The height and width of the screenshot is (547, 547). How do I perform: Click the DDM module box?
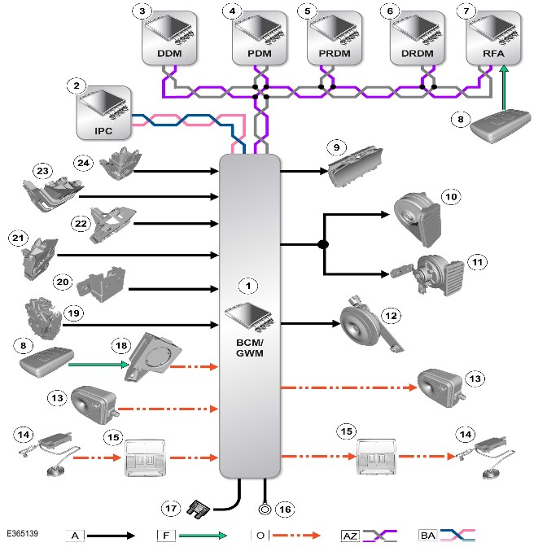169,37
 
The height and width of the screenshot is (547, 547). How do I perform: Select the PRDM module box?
335,37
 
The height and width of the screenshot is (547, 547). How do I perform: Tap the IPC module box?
104,112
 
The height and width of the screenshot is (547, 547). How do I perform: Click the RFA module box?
493,37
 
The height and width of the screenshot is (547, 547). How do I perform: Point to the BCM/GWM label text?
250,348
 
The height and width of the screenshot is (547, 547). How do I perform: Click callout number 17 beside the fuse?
171,508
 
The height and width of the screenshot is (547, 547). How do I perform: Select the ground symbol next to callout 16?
265,510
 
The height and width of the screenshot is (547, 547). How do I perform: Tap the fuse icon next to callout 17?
198,509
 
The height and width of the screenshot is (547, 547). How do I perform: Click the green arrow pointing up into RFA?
504,88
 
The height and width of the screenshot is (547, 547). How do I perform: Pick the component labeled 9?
355,165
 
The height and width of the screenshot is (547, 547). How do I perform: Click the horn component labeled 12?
370,325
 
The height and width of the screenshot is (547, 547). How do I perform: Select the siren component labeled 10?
418,220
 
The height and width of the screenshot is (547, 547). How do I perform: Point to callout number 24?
83,163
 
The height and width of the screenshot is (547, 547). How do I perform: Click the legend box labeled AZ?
350,536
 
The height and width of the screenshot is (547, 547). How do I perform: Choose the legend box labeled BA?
427,535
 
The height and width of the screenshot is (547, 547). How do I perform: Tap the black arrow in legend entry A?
111,536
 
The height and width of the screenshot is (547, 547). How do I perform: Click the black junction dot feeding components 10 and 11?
323,244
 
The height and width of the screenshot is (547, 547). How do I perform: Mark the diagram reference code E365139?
22,533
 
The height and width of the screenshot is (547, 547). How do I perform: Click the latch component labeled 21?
39,259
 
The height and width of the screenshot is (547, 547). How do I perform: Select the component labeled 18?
153,357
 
